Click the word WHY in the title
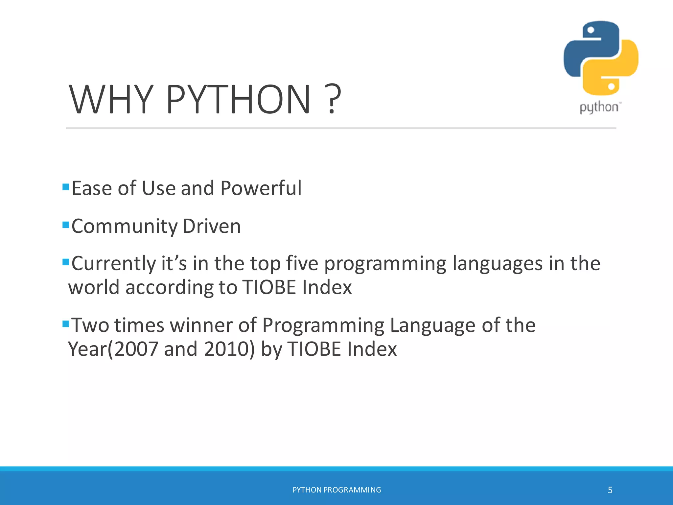pos(111,99)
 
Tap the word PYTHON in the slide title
pos(239,99)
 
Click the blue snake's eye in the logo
pos(591,30)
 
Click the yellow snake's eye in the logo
pos(611,86)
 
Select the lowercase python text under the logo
pos(599,108)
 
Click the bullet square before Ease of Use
pos(66,187)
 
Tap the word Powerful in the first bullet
pos(261,188)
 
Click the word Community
pos(124,227)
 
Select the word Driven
pos(212,227)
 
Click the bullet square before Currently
pos(66,262)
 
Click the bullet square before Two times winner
pos(66,324)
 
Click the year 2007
pos(136,349)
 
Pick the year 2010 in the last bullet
pos(227,349)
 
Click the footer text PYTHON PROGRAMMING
pos(336,490)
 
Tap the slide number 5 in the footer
pos(610,490)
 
